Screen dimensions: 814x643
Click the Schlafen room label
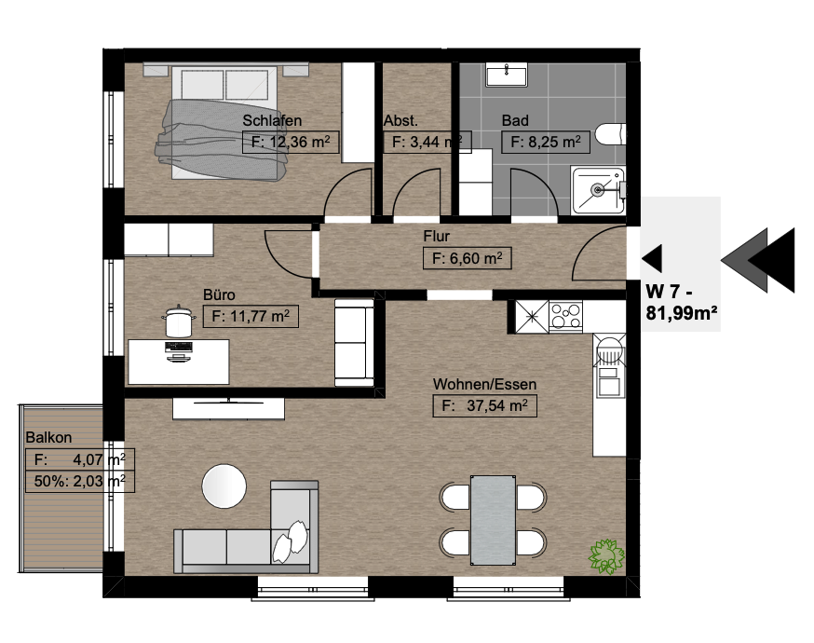[272, 120]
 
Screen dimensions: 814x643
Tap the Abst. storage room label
[400, 120]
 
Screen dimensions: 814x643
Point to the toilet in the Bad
[610, 134]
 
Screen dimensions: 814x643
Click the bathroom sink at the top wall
[506, 75]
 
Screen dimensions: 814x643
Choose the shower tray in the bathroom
[598, 190]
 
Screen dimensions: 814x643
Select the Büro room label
[219, 295]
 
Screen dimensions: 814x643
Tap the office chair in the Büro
[179, 321]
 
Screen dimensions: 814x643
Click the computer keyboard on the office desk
[179, 347]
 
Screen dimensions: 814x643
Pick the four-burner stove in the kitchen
[565, 316]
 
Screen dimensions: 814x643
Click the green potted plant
[605, 556]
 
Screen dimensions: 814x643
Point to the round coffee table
[224, 486]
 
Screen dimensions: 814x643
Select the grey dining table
[494, 520]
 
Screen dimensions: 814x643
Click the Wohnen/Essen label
[485, 384]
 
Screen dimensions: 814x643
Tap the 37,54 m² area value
[485, 405]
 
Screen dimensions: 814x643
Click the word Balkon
[48, 437]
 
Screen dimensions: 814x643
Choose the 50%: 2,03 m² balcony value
[80, 481]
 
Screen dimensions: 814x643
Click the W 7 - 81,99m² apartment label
[682, 302]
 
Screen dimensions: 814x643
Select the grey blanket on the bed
[224, 140]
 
